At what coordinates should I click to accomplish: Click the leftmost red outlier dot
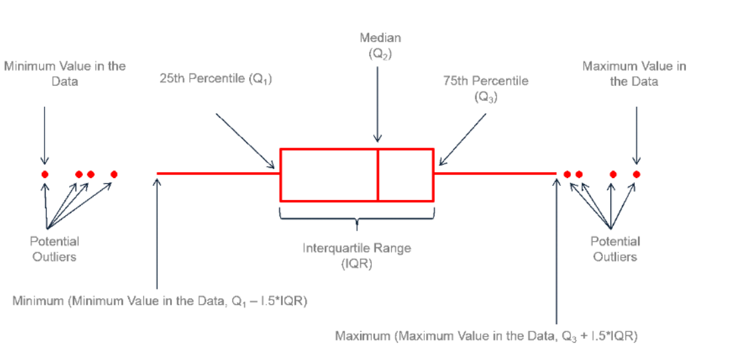tap(44, 174)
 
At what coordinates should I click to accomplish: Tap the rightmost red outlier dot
tap(636, 174)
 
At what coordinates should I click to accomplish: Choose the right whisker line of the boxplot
tap(495, 174)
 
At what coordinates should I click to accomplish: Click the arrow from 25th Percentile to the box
tap(245, 140)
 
